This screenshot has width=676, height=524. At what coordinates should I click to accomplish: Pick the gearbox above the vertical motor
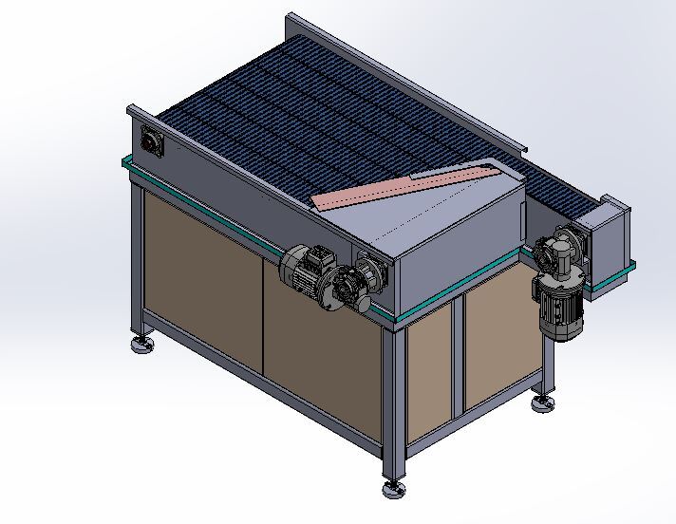pyautogui.click(x=555, y=254)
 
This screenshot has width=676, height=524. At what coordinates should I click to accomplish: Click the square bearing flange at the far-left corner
pyautogui.click(x=152, y=142)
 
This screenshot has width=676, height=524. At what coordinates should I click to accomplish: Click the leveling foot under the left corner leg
pyautogui.click(x=143, y=343)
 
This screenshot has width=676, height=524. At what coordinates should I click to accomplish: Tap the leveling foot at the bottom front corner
pyautogui.click(x=394, y=489)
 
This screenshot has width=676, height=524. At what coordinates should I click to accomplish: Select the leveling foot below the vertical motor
pyautogui.click(x=543, y=403)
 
